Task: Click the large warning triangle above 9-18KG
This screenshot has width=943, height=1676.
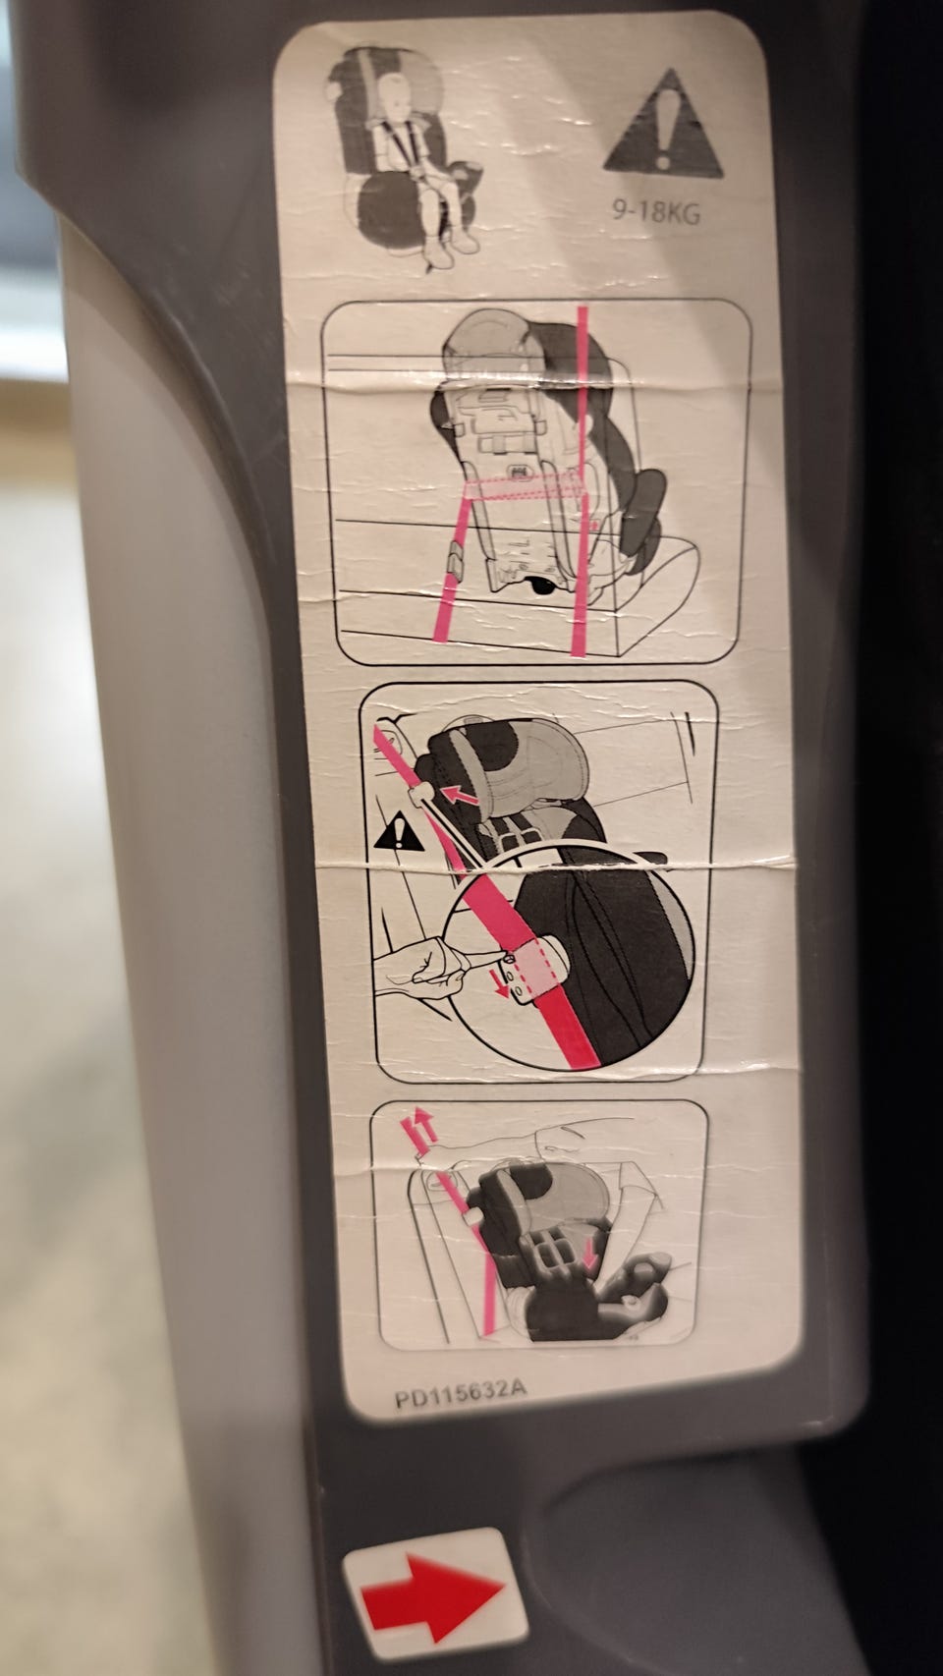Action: point(663,127)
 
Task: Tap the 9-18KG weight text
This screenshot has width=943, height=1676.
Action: point(656,212)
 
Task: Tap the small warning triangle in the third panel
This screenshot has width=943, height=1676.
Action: point(399,832)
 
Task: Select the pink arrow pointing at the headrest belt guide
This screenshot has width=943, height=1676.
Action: point(460,795)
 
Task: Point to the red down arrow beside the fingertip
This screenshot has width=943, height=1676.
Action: point(505,984)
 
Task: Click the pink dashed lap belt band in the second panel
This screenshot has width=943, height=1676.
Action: point(524,487)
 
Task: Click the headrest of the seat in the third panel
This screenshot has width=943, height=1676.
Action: point(517,770)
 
